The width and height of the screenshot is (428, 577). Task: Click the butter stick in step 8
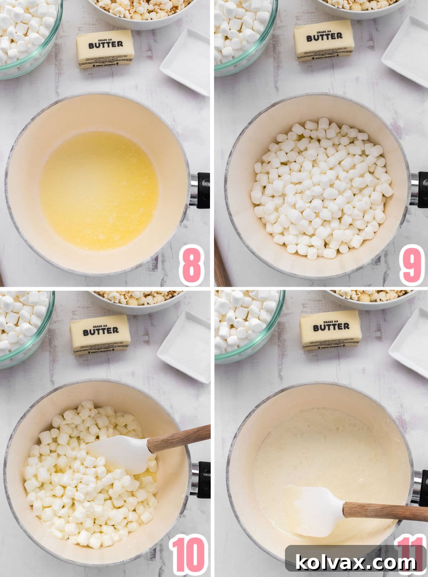[105, 49]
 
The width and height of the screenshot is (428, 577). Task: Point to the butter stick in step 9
[324, 40]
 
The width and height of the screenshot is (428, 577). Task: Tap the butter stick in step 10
[100, 335]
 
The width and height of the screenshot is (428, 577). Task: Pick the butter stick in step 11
[331, 330]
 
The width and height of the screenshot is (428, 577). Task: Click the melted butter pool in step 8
[99, 191]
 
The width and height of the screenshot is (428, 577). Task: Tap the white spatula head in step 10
[121, 454]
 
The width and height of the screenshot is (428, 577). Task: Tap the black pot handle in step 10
[204, 479]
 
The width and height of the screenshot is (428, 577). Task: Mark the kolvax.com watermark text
[356, 562]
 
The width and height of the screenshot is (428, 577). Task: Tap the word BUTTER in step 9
[324, 36]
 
